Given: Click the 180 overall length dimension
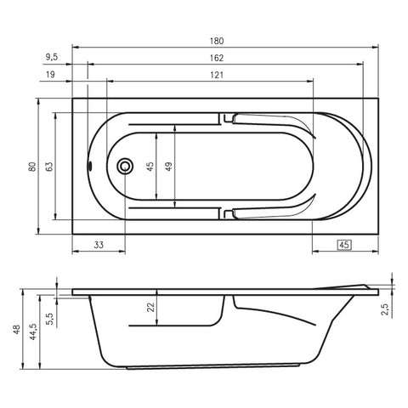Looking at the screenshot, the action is coord(217,41).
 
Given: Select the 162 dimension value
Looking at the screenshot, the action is coord(217,58).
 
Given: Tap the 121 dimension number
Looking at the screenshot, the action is coord(217,75).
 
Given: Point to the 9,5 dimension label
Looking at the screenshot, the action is coord(52,57).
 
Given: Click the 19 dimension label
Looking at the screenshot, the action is coord(50,75).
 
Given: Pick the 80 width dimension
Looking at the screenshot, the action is coord(32,167).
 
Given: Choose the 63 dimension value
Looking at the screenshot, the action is coord(49,167).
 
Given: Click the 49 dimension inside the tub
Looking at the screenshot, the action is coord(168,167).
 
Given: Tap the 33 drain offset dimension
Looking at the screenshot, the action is coord(99,245).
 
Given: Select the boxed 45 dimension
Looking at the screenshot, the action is coord(344,245).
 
